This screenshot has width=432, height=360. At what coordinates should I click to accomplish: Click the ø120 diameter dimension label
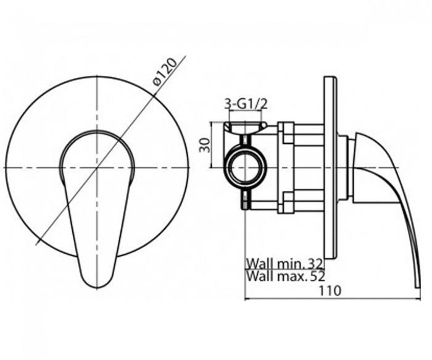(x=165, y=72)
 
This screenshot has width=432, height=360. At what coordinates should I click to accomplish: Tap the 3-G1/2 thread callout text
(x=246, y=104)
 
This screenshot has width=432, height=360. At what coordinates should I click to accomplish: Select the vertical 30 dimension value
(x=205, y=145)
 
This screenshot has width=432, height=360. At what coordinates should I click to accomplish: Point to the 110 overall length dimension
(x=330, y=291)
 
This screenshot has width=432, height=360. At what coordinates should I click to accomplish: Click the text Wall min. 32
(x=285, y=264)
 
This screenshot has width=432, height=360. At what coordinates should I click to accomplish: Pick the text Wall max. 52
(x=286, y=276)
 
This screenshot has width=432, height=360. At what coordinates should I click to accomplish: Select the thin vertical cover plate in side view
(x=331, y=167)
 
